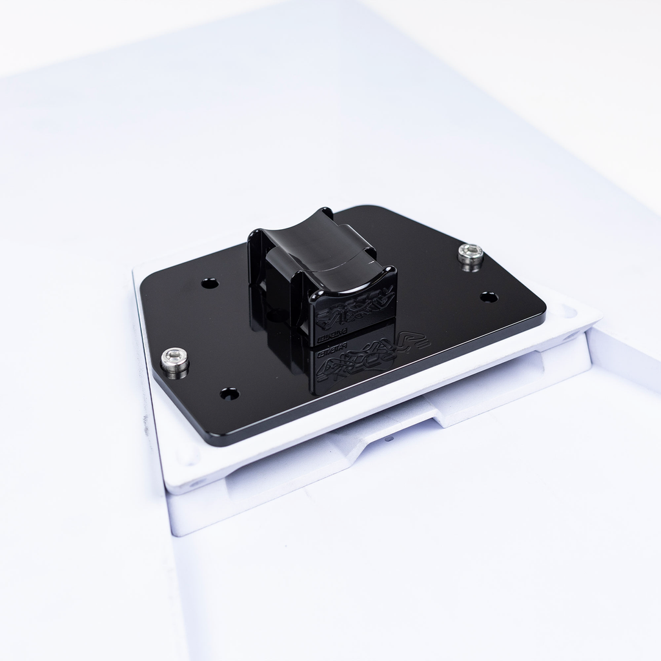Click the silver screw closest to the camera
point(174,360)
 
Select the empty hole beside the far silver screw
point(489,297)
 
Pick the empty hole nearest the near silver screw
point(229,393)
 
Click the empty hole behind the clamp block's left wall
point(210,283)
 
